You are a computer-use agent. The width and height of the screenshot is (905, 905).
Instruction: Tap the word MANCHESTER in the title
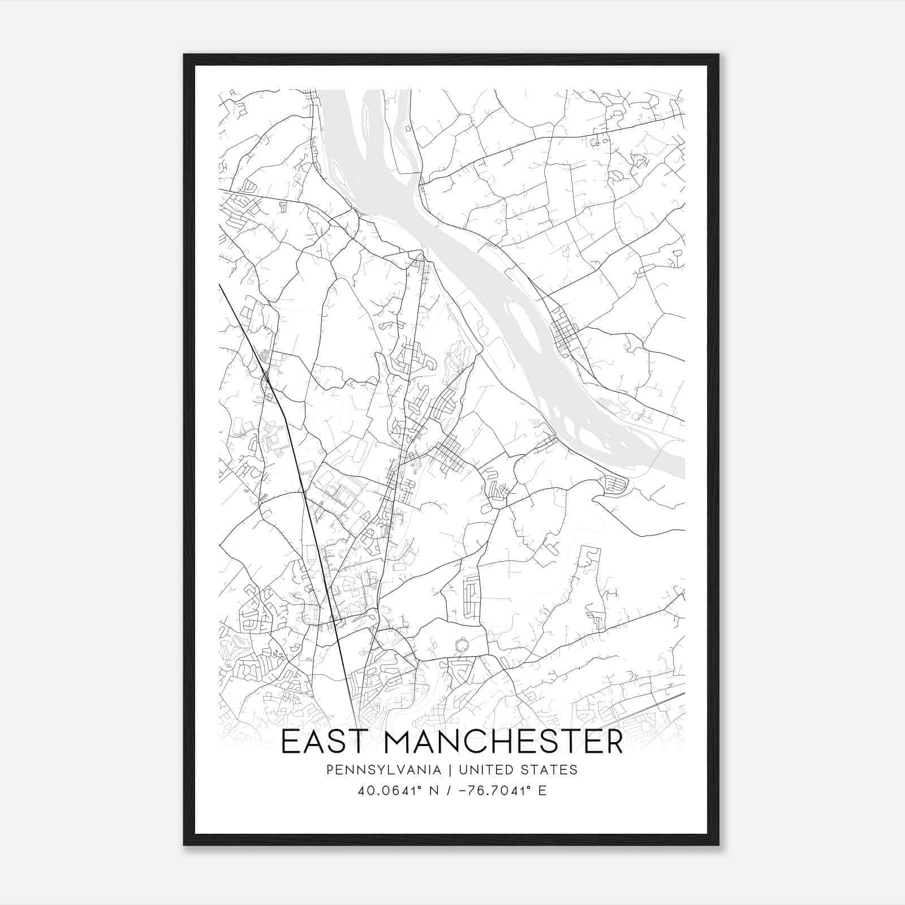coord(503,742)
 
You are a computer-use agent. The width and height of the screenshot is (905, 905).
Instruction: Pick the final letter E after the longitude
coord(542,790)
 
